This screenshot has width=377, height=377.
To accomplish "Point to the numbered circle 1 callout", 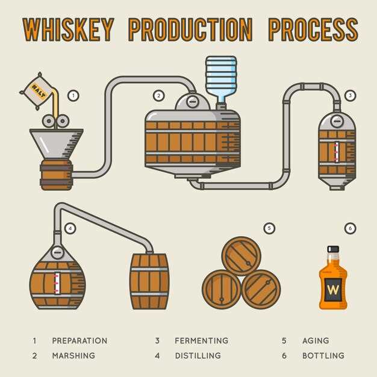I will point(73,95).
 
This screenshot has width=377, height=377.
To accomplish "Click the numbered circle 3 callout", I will point(351,95).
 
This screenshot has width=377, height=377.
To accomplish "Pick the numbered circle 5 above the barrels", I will point(269,228).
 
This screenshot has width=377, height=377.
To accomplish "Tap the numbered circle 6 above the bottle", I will point(350,228).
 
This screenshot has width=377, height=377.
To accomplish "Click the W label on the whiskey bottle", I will point(333,288).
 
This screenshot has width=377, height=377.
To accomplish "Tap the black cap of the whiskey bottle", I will point(333,249).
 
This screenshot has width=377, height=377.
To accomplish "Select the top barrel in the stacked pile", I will point(241,255).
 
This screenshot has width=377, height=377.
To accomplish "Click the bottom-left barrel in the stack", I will point(221,289).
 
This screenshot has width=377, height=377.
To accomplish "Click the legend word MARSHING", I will point(73,355).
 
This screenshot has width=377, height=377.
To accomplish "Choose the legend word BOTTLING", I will point(323,355).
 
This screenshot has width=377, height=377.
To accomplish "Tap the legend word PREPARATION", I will point(79,340).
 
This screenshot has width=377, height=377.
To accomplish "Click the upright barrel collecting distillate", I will point(149,281).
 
